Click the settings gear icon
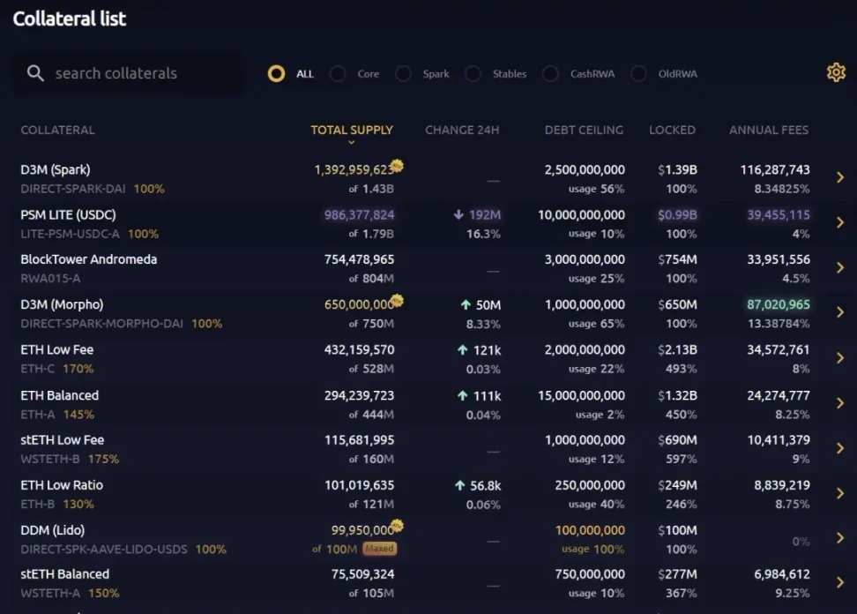tap(836, 73)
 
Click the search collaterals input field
tap(132, 73)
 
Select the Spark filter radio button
tap(404, 74)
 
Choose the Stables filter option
tap(473, 74)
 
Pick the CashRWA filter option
tap(551, 74)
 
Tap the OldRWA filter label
tap(677, 74)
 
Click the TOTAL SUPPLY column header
tap(352, 130)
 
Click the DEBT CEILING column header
tap(584, 130)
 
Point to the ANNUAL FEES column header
tap(768, 130)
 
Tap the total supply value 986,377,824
tap(359, 214)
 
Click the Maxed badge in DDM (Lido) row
tap(380, 548)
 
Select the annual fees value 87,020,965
tap(779, 305)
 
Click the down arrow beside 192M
tap(458, 214)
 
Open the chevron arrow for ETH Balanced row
tap(840, 403)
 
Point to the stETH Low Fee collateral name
tap(63, 439)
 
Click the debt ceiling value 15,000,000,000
tap(581, 395)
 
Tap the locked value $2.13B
tap(677, 349)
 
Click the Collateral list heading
tap(70, 19)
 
